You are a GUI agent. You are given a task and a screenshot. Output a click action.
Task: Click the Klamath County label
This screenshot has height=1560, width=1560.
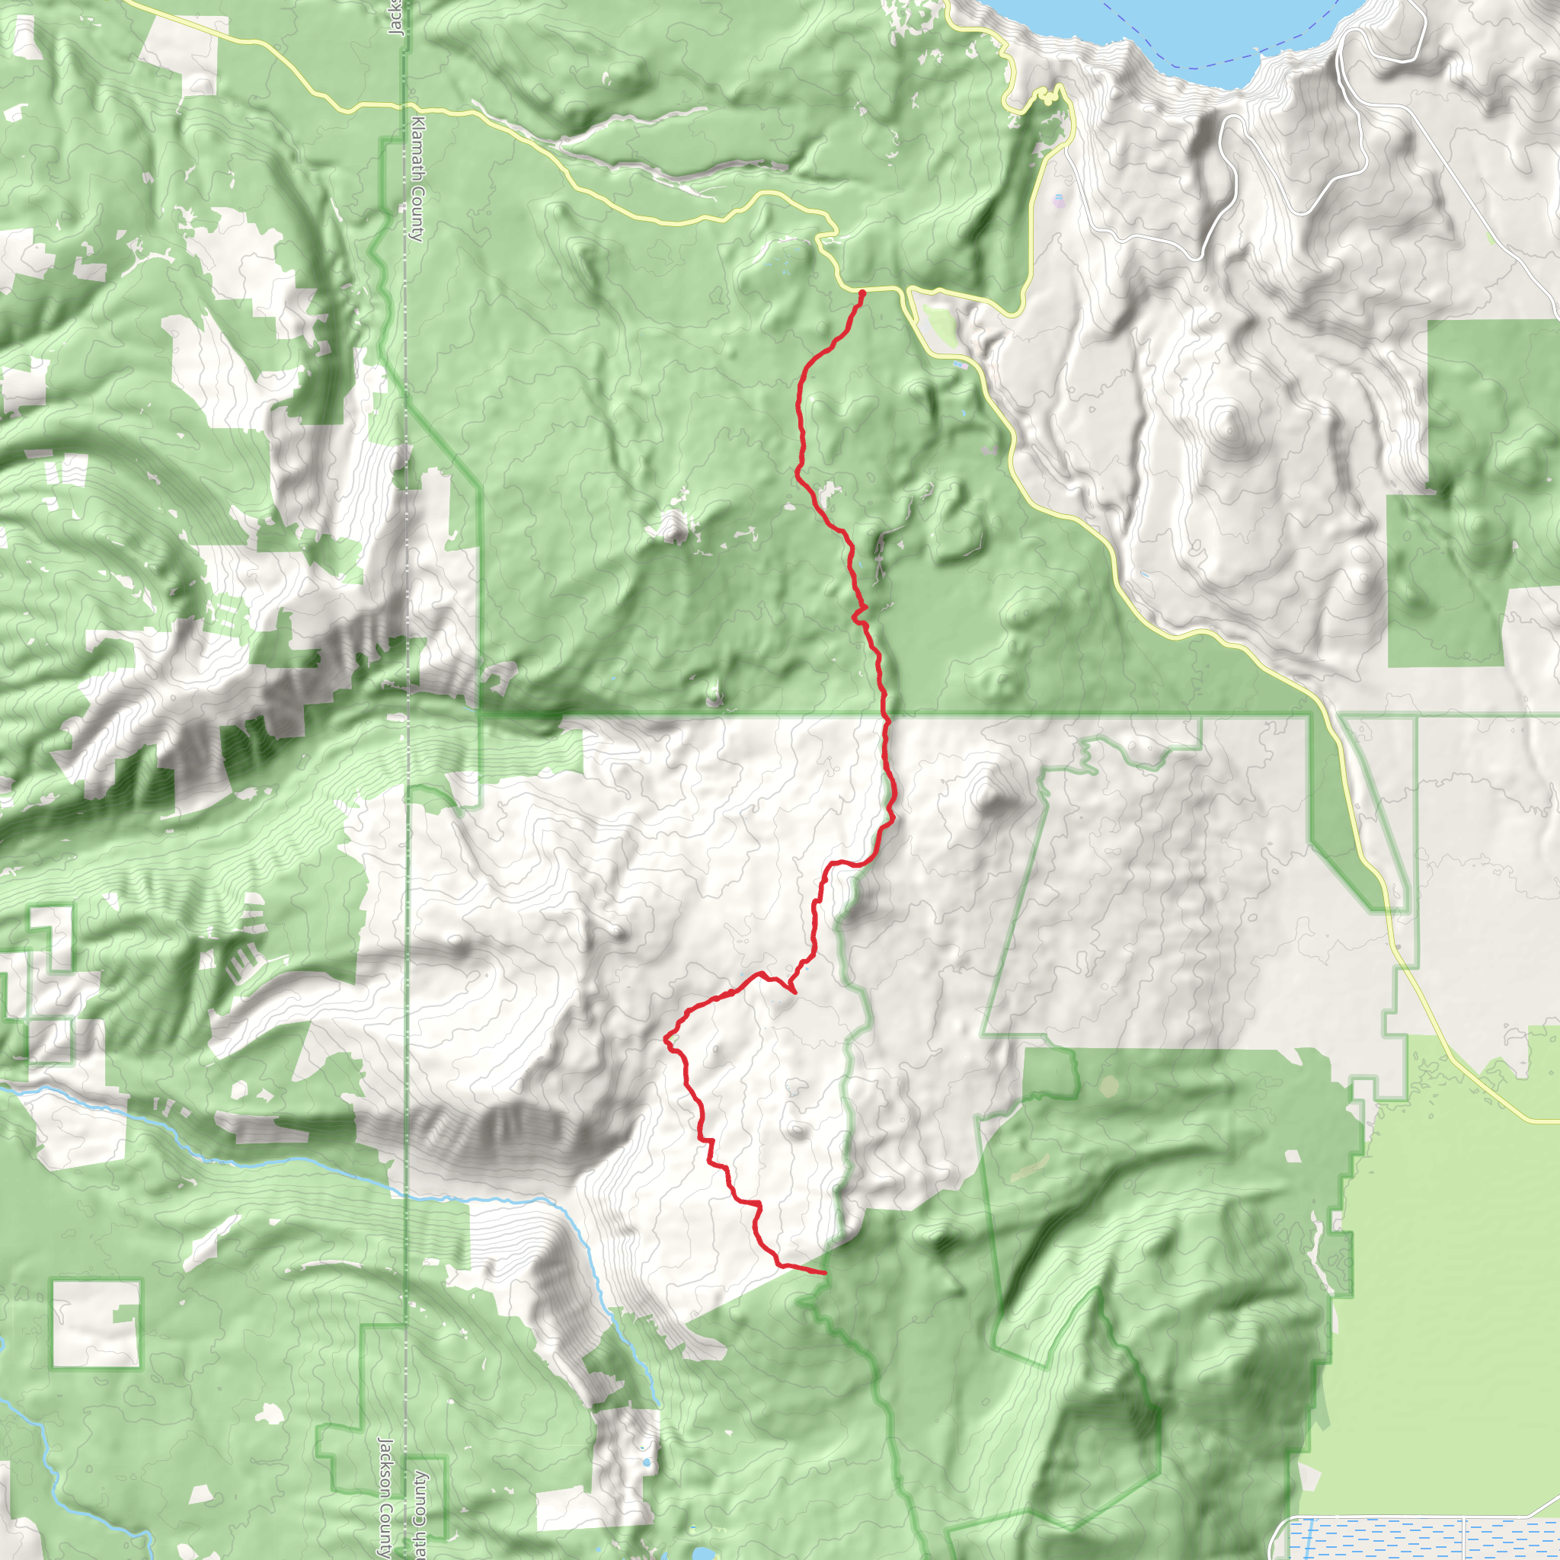[x=417, y=178]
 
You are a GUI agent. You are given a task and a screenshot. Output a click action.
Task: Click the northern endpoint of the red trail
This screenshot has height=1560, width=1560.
[x=862, y=292]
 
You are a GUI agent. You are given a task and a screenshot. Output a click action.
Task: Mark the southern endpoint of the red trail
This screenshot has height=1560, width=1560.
[x=823, y=1273]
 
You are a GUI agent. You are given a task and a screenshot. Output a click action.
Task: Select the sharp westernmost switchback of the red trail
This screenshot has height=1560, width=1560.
[x=665, y=1038]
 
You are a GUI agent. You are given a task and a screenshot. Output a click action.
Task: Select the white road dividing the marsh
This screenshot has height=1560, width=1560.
[x=1463, y=1538]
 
